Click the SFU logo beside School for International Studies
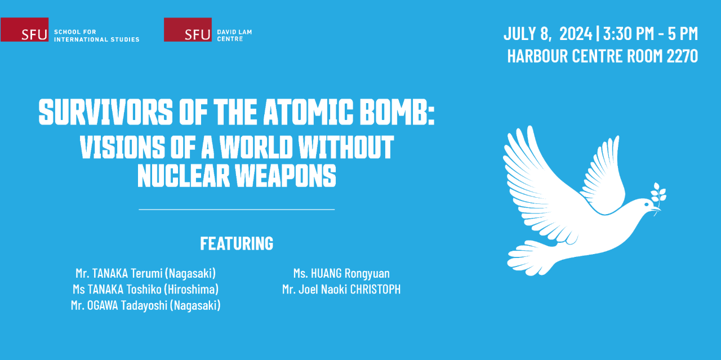(24, 30)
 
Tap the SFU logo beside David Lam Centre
(188, 30)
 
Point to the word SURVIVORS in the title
(106, 112)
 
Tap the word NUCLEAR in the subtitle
(184, 175)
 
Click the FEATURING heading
(237, 243)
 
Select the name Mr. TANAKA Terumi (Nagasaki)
(146, 273)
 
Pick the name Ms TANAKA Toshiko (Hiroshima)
(146, 289)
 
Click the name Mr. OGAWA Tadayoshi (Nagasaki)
(146, 305)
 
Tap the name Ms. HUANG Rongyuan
(341, 273)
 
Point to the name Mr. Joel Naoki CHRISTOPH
(341, 289)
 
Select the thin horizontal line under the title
(237, 210)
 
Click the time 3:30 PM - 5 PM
(651, 34)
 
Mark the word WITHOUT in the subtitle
(346, 147)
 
